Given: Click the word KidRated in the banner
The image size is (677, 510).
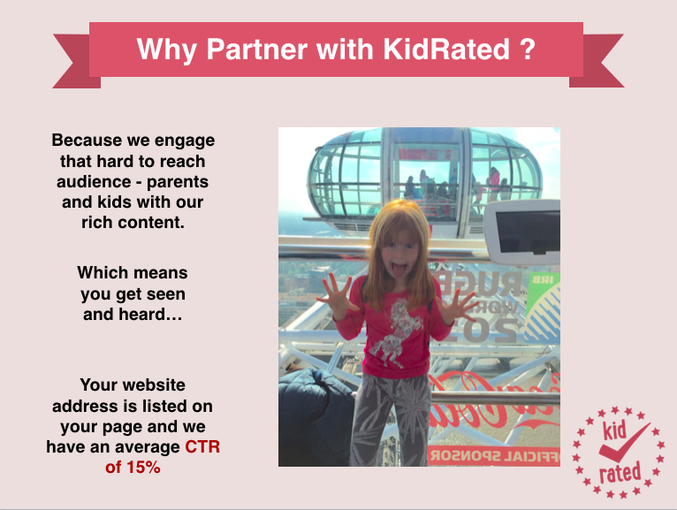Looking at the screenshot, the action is [x=446, y=49].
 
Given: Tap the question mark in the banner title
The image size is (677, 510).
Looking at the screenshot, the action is [x=528, y=49].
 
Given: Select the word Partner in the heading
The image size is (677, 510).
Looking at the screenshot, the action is [x=257, y=49].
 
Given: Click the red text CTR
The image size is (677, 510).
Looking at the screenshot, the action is [x=202, y=446].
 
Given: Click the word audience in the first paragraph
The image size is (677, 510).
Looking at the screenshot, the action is [x=94, y=182].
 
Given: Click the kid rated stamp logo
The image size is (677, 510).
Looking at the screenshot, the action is [x=619, y=453].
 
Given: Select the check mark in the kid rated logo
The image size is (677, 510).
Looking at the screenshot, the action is [x=622, y=445].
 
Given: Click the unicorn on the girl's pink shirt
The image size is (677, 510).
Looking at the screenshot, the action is [x=396, y=332].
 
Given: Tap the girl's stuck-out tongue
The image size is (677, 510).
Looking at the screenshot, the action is [x=400, y=271].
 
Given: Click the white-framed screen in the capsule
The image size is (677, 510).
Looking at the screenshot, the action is [x=524, y=232].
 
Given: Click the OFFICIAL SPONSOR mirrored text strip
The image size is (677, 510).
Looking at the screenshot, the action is [x=494, y=456].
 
